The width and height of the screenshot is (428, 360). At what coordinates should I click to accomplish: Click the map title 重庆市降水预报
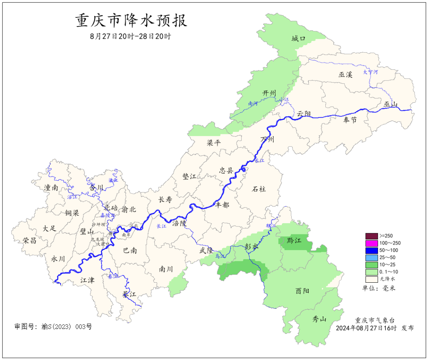pos(131,21)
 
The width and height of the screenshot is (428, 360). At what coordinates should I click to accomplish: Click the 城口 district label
pos(298,38)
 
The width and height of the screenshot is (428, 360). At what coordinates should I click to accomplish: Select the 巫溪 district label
pos(345,75)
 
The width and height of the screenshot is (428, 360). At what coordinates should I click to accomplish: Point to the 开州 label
pos(269,93)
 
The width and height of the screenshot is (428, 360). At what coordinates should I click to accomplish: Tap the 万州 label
pos(267,140)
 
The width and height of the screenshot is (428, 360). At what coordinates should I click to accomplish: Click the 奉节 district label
pos(350,120)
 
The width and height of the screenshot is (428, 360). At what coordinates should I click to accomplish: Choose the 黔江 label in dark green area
pos(294,241)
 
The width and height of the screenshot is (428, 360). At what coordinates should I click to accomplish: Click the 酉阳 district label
pos(302,291)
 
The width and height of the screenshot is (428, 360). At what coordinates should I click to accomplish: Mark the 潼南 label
pos(52,188)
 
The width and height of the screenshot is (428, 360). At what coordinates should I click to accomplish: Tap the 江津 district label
pos(88,280)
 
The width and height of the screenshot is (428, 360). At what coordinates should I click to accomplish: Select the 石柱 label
pos(259,189)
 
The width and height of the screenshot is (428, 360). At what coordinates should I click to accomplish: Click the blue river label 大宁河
pos(371,72)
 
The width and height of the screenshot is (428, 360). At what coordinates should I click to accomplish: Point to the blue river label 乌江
pos(220,257)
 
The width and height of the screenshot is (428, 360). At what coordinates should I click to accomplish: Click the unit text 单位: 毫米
pos(379,288)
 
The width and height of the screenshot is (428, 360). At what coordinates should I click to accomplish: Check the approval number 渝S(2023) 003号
pos(53,327)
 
